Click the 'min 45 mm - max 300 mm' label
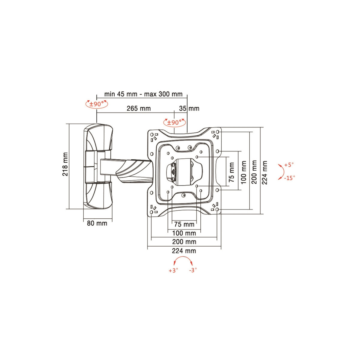[143, 94]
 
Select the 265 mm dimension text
[139, 108]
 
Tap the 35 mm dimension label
[189, 108]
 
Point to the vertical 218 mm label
[65, 164]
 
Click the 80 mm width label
[97, 223]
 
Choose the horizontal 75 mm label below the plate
[184, 224]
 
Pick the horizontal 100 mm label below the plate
[184, 233]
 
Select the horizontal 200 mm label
[184, 242]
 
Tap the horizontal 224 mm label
[184, 251]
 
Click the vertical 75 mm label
[232, 172]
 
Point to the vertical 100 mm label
[244, 172]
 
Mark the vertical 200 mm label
[255, 172]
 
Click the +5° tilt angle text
[289, 165]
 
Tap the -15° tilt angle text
[290, 178]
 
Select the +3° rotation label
[173, 271]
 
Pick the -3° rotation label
[193, 270]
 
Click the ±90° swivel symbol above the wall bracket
[97, 104]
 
